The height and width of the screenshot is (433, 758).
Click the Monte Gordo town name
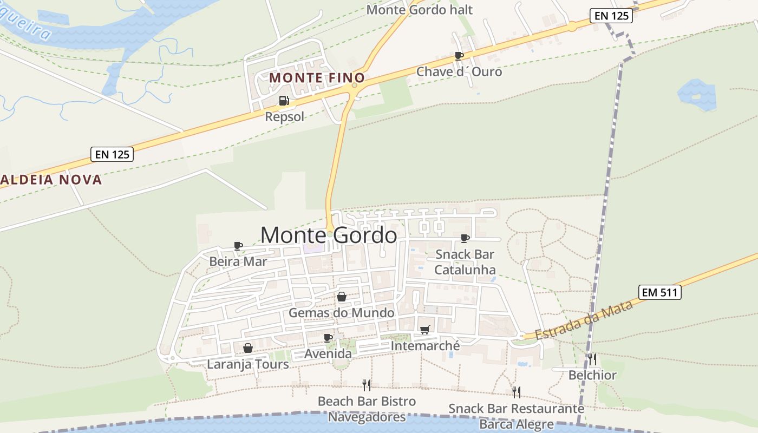[x=328, y=235]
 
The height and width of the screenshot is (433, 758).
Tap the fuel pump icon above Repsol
[x=284, y=101]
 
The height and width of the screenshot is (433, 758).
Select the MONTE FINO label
[x=317, y=78]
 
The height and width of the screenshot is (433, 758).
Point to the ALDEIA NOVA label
[x=51, y=180]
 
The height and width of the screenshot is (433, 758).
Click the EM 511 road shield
[x=659, y=292]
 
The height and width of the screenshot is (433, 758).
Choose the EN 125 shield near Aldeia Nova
[x=112, y=154]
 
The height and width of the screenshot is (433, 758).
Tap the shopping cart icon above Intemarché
[x=425, y=330]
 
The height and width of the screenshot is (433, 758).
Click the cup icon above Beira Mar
[x=238, y=246]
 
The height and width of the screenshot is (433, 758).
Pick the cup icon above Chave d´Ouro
[x=459, y=56]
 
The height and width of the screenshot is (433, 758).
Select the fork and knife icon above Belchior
[x=592, y=359]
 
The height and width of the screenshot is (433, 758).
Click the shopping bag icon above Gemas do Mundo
[x=342, y=297]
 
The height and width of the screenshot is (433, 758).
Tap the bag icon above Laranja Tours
[x=248, y=348]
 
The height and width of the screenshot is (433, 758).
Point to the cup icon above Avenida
[x=328, y=338]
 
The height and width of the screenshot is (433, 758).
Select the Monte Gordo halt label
[x=420, y=10]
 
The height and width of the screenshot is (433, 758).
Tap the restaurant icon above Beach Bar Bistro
[x=367, y=385]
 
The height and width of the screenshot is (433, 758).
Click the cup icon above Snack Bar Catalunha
[x=465, y=238]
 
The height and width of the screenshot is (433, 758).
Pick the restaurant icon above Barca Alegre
[x=517, y=392]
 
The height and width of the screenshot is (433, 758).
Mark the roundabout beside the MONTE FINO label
[x=355, y=85]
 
